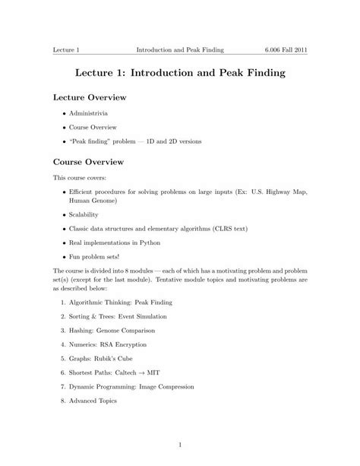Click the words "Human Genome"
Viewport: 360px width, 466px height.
93,201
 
